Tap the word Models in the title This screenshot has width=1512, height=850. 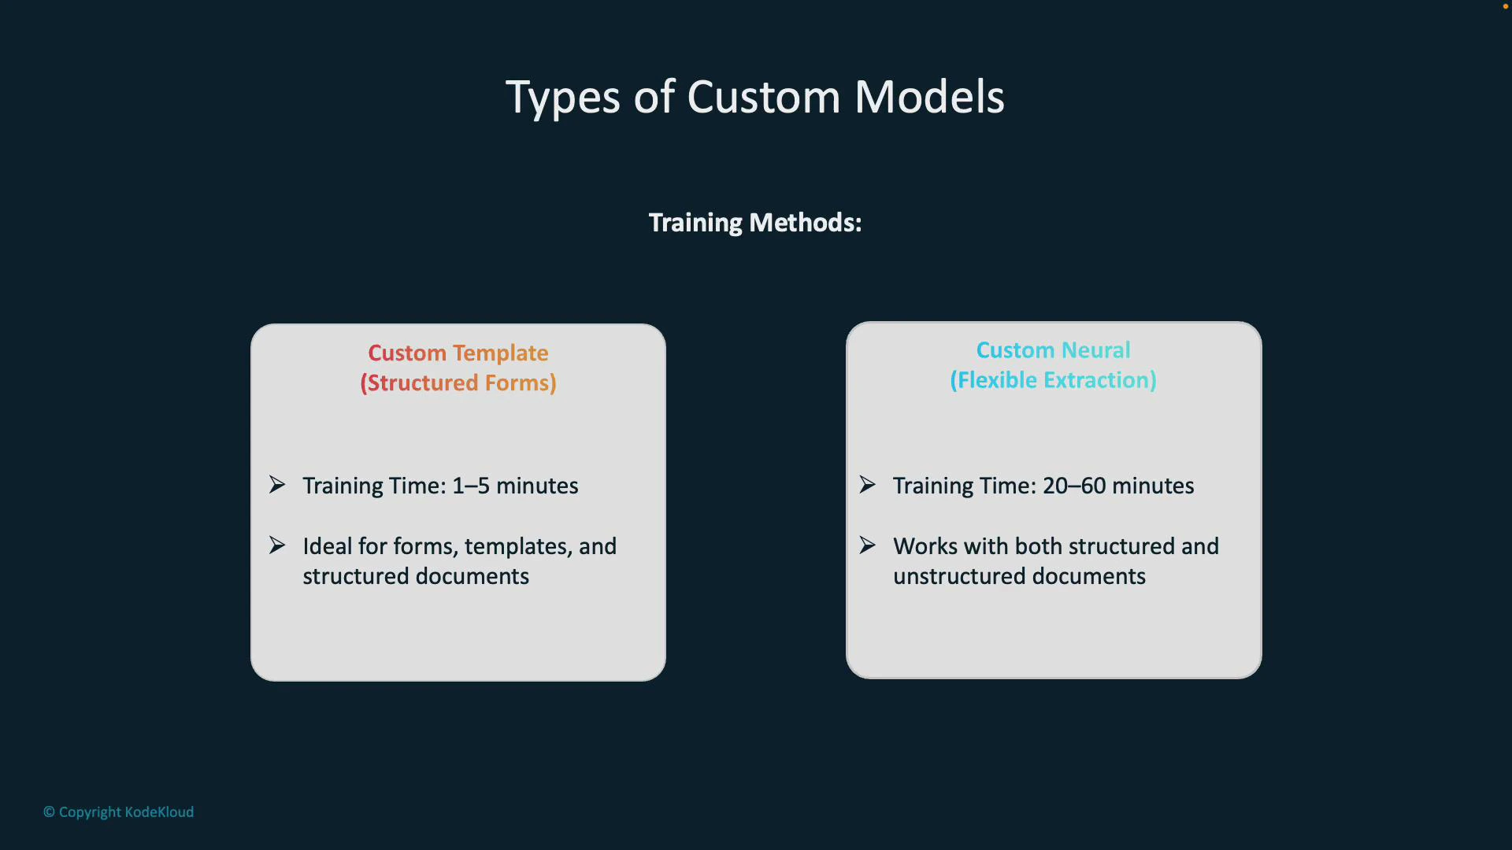click(x=928, y=98)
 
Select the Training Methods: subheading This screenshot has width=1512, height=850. click(x=754, y=223)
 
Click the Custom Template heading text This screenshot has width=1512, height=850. click(x=458, y=353)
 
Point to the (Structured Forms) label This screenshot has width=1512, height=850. click(x=458, y=382)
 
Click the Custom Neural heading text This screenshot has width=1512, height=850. click(x=1053, y=350)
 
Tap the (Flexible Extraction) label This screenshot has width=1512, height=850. click(x=1053, y=380)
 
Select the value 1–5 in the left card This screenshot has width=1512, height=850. click(x=470, y=486)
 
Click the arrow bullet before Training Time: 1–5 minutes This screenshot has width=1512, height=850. click(x=277, y=484)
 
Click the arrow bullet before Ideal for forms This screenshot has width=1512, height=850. click(x=277, y=545)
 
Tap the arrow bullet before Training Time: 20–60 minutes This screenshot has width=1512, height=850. click(x=867, y=484)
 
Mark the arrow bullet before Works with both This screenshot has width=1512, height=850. click(x=867, y=545)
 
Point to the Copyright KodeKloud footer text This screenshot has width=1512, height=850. click(x=118, y=811)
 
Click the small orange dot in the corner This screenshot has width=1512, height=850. click(x=1505, y=6)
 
